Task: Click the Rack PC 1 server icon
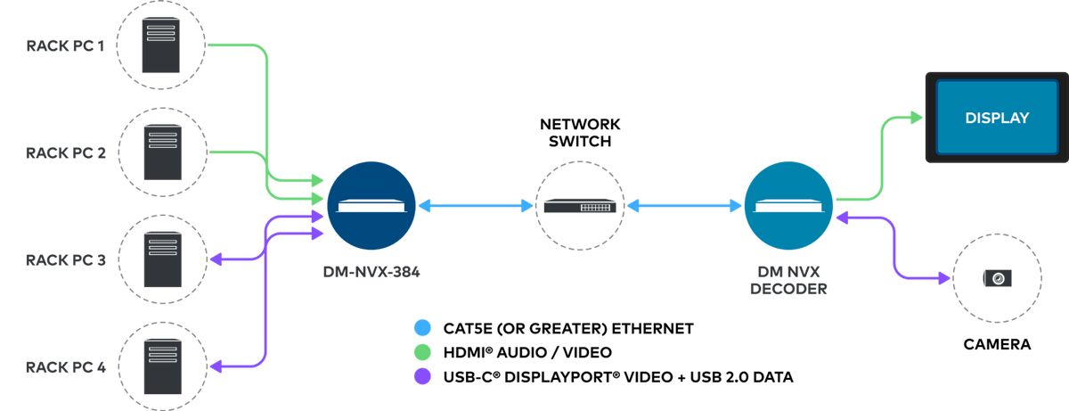pos(161,45)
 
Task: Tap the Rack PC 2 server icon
pos(163,152)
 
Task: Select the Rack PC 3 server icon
pos(163,259)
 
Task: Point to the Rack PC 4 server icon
pos(163,366)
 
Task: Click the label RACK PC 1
pos(65,45)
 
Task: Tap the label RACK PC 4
pos(66,367)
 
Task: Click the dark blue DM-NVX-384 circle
pos(371,206)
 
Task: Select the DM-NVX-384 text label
pos(371,272)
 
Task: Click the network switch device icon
pos(580,206)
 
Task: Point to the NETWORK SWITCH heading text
pos(580,133)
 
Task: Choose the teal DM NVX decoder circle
pos(788,206)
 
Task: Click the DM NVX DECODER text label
pos(788,280)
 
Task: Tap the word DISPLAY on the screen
pos(997,118)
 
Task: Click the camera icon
pos(998,278)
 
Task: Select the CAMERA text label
pos(997,344)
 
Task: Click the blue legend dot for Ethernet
pos(422,328)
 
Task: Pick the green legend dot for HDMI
pos(422,352)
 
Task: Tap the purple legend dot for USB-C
pos(422,376)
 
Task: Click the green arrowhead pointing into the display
pos(917,118)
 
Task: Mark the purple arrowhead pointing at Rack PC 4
pos(216,366)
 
